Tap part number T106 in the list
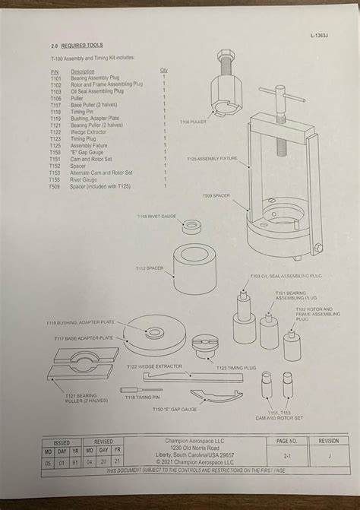tap(55, 98)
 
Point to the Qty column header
tap(163, 71)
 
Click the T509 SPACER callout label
tap(216, 195)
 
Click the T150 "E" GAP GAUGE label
tap(174, 409)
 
